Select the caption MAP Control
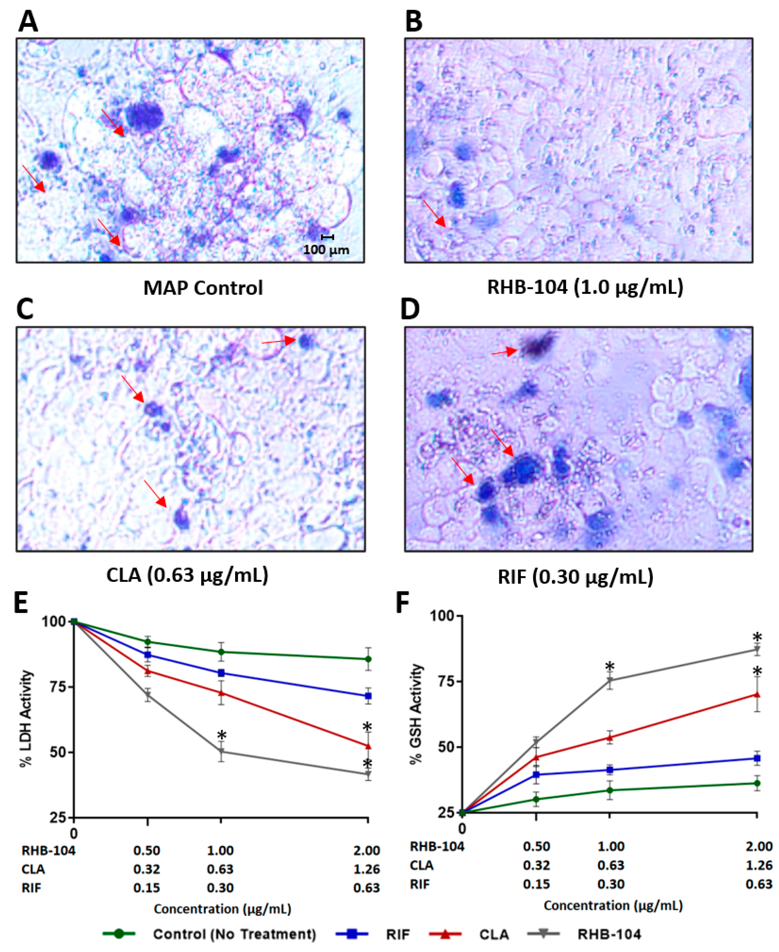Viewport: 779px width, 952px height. pyautogui.click(x=203, y=288)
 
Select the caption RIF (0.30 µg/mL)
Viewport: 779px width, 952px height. pyautogui.click(x=575, y=576)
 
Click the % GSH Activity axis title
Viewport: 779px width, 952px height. pyautogui.click(x=417, y=714)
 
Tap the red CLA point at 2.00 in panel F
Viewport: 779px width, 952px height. pyautogui.click(x=757, y=695)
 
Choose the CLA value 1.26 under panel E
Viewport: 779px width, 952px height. pyautogui.click(x=366, y=869)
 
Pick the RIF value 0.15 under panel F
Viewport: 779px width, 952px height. pyautogui.click(x=536, y=884)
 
